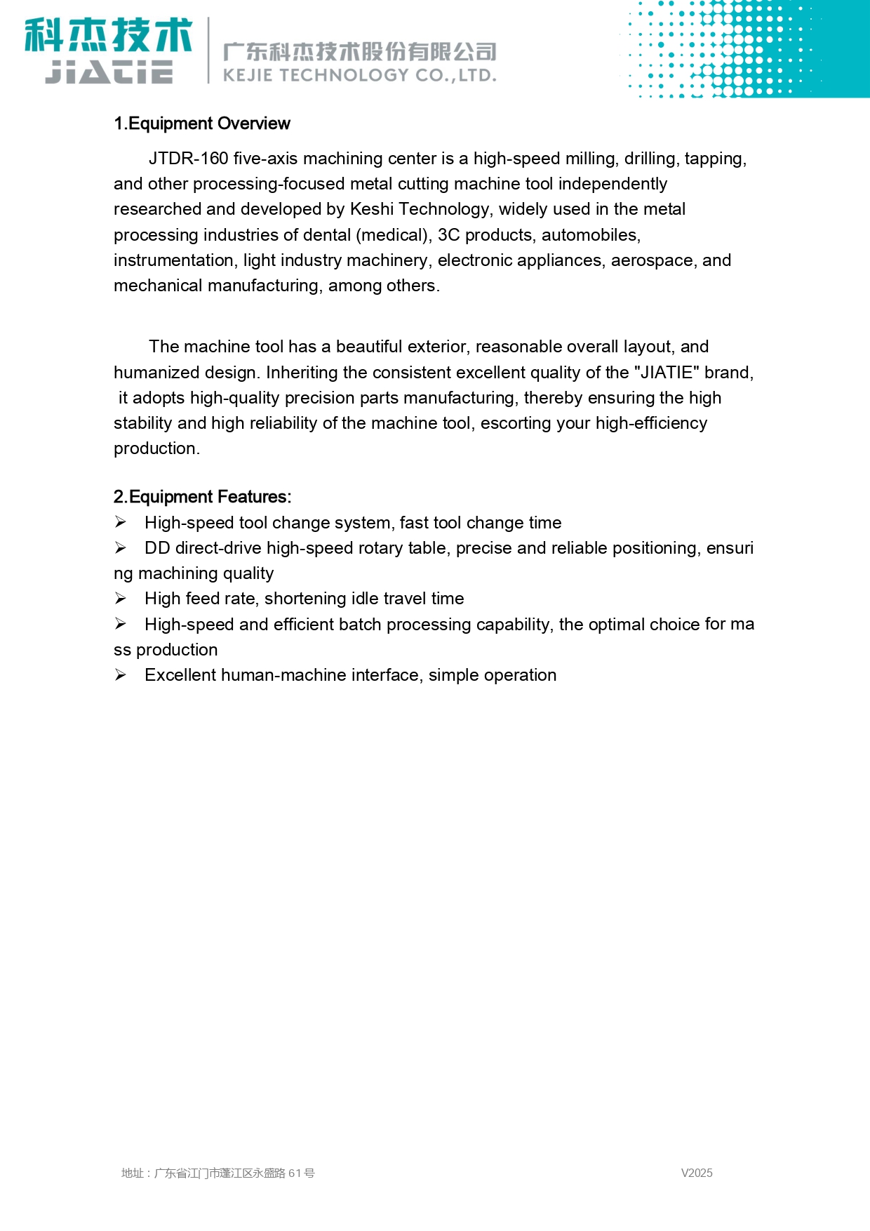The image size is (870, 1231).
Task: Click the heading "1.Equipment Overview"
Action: (201, 124)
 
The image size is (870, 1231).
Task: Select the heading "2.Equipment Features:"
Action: (202, 497)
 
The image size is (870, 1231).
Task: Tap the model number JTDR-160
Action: (188, 159)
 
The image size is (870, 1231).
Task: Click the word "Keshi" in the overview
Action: (372, 209)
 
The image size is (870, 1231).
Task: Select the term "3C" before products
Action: (449, 235)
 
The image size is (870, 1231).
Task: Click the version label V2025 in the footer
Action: (697, 1173)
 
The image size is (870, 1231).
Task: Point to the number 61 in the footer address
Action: (295, 1173)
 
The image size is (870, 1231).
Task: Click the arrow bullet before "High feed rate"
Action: (121, 599)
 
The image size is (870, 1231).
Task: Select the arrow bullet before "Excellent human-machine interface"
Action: (121, 675)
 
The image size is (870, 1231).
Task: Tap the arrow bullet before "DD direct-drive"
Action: (121, 548)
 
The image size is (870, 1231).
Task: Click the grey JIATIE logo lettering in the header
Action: (109, 72)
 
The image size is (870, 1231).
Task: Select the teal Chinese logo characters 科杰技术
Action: (109, 35)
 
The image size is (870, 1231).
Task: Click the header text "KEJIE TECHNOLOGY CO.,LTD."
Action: (359, 75)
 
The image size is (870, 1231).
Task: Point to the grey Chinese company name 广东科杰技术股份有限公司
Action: (359, 51)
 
